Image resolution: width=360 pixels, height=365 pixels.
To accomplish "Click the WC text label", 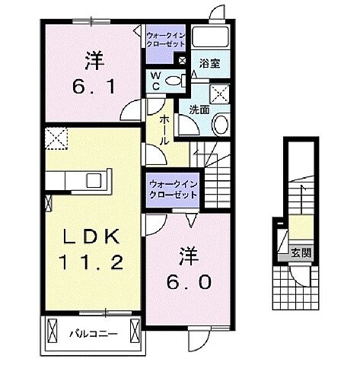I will tap(155, 81).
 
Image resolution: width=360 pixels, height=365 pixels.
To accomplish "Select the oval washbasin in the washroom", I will tap(220, 124).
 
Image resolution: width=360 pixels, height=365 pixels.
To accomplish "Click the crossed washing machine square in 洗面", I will tap(223, 95).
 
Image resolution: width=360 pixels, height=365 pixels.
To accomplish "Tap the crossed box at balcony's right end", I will tap(135, 332).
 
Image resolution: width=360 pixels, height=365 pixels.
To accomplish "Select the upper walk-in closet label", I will tap(165, 40).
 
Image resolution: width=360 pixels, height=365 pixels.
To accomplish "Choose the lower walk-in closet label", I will tap(171, 189).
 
